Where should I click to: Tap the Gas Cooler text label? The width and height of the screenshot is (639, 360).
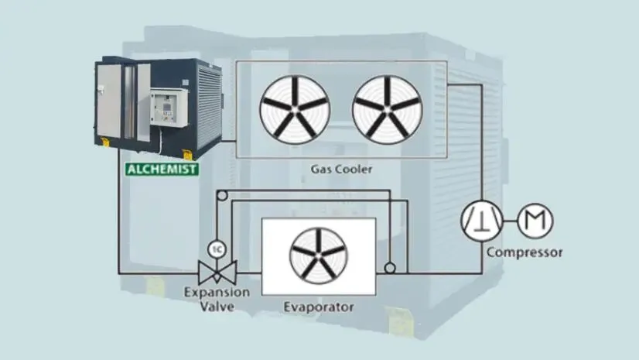(x=341, y=169)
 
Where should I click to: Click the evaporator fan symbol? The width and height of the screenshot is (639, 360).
(x=318, y=256)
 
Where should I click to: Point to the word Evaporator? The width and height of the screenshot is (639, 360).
(x=319, y=307)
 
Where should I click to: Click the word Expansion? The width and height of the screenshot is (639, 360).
(x=217, y=293)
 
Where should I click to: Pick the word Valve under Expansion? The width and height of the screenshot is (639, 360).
(x=217, y=305)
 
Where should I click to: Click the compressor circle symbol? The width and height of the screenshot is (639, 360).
(x=481, y=221)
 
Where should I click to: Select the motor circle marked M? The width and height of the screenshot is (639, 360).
(x=534, y=221)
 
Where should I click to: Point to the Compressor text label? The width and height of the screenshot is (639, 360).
(x=525, y=252)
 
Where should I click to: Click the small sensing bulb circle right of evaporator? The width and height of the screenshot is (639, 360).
(x=390, y=268)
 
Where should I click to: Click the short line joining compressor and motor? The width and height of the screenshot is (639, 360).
(x=507, y=221)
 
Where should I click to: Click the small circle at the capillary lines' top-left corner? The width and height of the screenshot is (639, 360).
(x=221, y=199)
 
